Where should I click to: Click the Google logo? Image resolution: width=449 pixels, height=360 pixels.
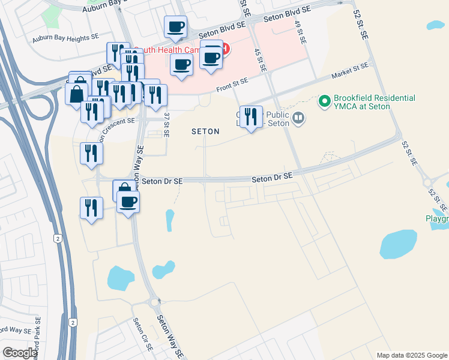click(20, 353)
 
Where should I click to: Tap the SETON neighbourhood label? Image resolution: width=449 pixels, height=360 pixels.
click(205, 131)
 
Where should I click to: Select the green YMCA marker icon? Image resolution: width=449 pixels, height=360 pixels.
click(325, 101)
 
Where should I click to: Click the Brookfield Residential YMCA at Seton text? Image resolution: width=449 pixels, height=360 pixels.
click(367, 102)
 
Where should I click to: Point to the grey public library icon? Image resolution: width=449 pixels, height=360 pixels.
click(298, 119)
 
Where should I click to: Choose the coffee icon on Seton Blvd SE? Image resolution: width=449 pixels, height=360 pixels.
click(175, 26)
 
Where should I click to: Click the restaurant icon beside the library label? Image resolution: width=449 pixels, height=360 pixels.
click(250, 115)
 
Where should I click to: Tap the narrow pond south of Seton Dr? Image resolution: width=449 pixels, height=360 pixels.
click(170, 220)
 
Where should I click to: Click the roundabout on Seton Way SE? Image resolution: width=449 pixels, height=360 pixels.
click(154, 302)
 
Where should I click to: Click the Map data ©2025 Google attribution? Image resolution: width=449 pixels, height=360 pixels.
click(411, 355)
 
